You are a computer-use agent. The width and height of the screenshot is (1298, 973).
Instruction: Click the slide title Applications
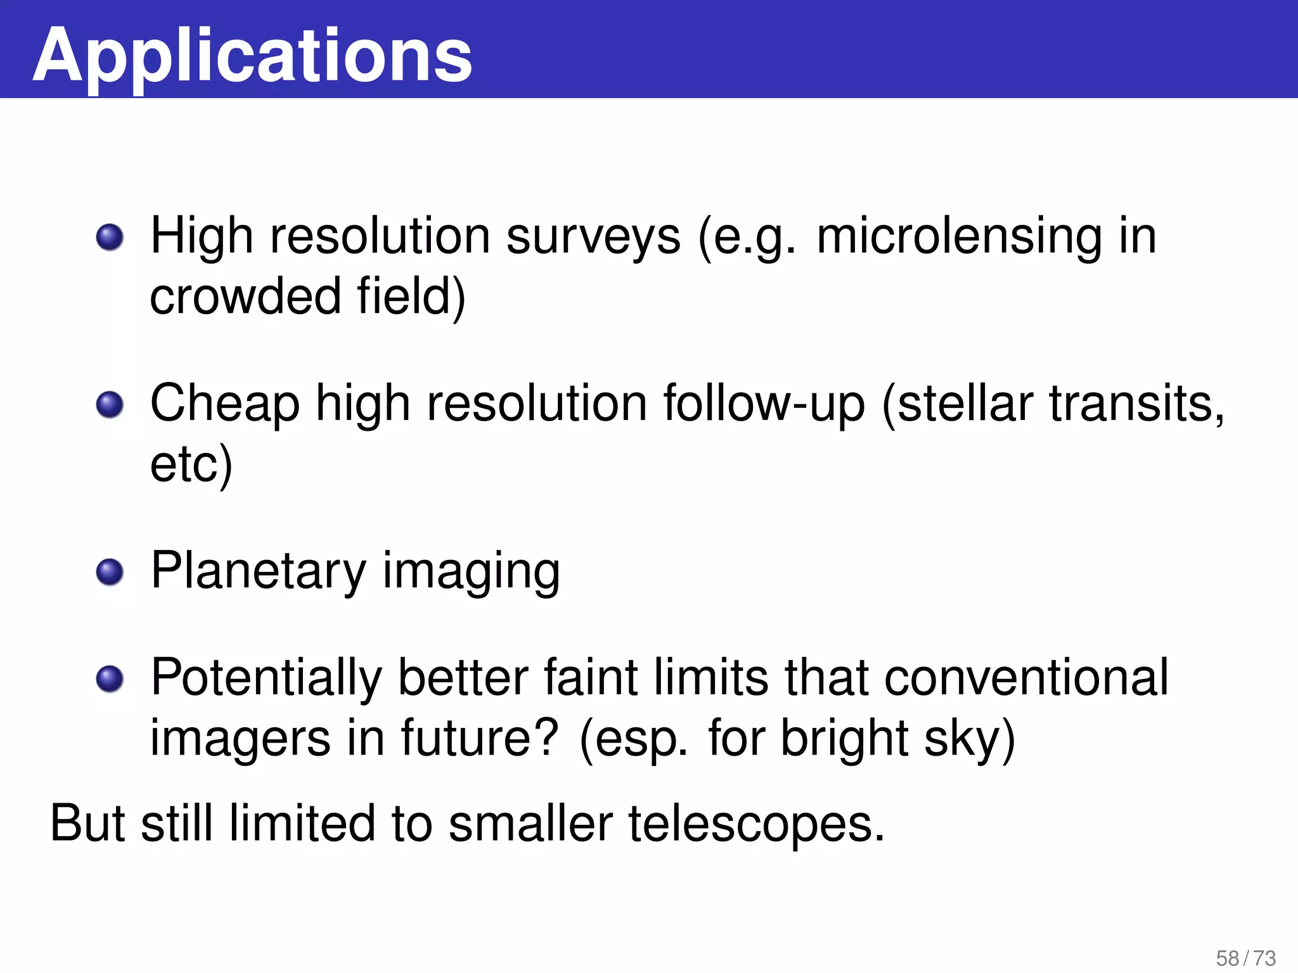click(252, 56)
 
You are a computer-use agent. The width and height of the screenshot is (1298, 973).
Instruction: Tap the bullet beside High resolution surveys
click(110, 238)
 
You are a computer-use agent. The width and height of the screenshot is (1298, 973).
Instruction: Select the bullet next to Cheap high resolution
click(110, 405)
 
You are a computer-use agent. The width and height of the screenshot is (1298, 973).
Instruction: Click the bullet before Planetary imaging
click(110, 572)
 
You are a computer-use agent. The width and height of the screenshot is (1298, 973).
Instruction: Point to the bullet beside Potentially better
click(110, 679)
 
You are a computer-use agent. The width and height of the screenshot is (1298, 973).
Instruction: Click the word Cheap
click(225, 405)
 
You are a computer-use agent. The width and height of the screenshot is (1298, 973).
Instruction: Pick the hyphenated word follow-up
click(764, 405)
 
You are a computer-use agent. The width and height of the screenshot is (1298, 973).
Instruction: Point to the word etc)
click(191, 464)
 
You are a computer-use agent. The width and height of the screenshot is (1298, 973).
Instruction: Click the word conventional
click(1025, 678)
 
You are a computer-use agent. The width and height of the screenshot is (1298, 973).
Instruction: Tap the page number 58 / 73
click(1245, 958)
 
